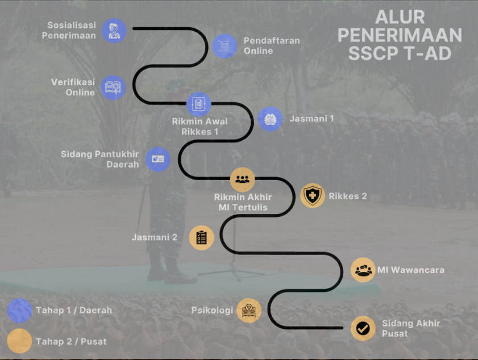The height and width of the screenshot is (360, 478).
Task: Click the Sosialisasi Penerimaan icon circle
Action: coord(114,31)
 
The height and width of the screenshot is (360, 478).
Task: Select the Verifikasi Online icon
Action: coord(113,87)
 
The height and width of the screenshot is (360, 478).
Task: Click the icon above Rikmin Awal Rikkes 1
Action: coord(199,104)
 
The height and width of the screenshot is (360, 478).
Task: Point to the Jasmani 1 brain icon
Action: coord(270,119)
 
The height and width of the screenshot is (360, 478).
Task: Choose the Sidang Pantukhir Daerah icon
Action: coord(157,159)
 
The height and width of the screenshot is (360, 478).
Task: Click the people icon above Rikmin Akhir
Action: coord(242,179)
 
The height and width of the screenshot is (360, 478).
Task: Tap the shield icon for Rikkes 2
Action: coord(312,196)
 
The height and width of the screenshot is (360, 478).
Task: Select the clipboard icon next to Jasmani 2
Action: coord(201,237)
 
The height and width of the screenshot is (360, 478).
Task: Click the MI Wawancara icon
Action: coord(363,270)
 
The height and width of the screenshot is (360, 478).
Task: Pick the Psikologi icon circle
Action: coord(249,311)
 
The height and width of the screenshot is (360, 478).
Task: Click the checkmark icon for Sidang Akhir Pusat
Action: coord(363,328)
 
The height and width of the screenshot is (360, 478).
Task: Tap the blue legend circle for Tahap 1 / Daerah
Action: coord(19,311)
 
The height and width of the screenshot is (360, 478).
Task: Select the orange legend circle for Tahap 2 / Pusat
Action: coord(19,341)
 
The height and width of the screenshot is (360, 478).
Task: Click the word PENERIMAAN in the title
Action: coord(399,35)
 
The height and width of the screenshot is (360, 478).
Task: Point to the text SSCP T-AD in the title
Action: coord(399,53)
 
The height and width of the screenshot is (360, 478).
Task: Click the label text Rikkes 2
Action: coord(347,196)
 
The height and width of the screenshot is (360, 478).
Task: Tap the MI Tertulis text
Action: coord(243,207)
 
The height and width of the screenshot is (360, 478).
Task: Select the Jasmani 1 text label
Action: coord(311,119)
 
